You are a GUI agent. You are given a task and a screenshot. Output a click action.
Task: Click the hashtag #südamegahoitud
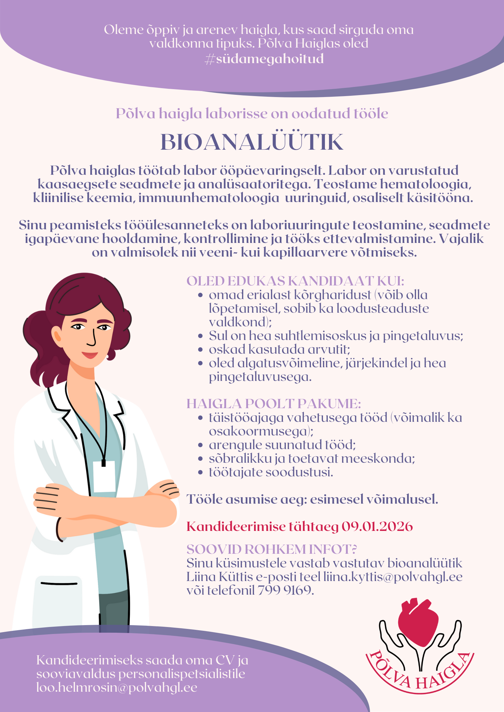264,59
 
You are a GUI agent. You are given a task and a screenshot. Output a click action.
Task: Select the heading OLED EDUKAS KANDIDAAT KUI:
295,281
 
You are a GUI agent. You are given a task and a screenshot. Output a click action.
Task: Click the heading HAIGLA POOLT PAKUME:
273,404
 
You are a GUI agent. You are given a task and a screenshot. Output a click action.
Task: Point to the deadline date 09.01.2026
377,526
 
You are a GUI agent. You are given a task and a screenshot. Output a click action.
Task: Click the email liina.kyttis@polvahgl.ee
393,577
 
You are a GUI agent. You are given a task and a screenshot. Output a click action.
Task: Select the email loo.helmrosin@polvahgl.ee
117,687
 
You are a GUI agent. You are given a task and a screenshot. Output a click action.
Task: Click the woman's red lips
90,355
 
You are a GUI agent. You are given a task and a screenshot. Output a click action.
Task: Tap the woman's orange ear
57,336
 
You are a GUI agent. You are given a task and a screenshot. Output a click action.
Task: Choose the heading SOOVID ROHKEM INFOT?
272,549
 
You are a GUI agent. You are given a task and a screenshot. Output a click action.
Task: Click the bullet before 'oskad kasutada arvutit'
200,349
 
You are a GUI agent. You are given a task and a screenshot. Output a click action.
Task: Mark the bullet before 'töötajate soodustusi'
200,472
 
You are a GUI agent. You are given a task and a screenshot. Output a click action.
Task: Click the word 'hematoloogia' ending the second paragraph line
425,184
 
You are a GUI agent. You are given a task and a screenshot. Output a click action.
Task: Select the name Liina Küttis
219,577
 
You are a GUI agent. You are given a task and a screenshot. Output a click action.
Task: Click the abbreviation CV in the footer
225,660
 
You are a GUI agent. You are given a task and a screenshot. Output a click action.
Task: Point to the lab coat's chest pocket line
59,583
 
